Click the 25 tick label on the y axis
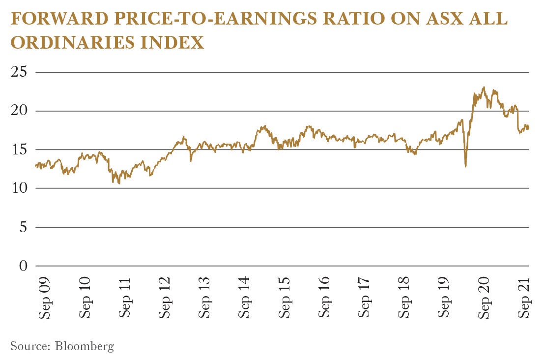click(x=19, y=72)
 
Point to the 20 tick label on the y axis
click(x=19, y=111)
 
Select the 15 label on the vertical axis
click(x=19, y=150)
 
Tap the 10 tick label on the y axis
click(x=19, y=188)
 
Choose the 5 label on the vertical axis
click(x=23, y=227)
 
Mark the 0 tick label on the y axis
click(x=23, y=266)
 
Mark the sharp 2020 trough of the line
click(x=465, y=167)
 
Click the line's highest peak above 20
click(x=485, y=87)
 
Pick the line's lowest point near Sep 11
click(x=119, y=183)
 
